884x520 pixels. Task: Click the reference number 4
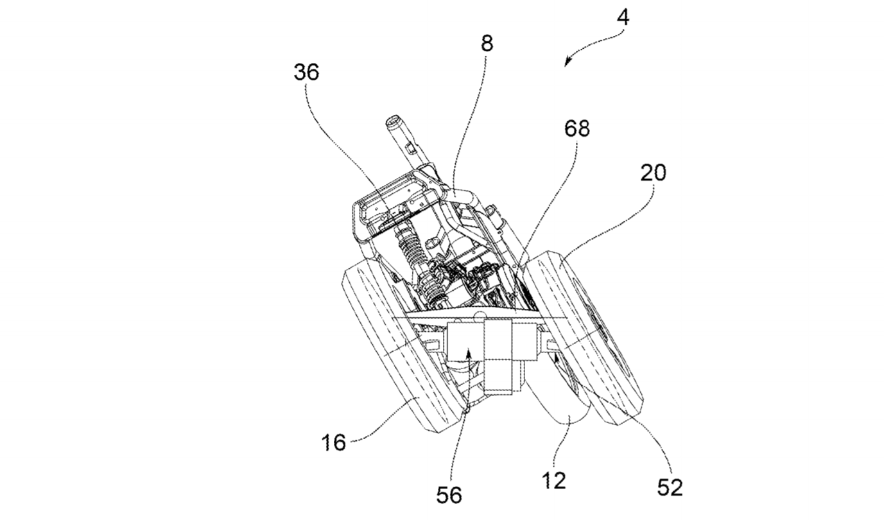623,17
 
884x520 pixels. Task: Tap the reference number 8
487,44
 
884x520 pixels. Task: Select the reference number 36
306,73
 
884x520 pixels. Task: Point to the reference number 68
577,128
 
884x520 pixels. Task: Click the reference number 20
653,173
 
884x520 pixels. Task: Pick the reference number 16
334,442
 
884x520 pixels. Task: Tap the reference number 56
449,495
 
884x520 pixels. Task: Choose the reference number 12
553,481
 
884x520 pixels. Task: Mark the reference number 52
670,487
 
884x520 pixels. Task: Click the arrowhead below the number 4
567,62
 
